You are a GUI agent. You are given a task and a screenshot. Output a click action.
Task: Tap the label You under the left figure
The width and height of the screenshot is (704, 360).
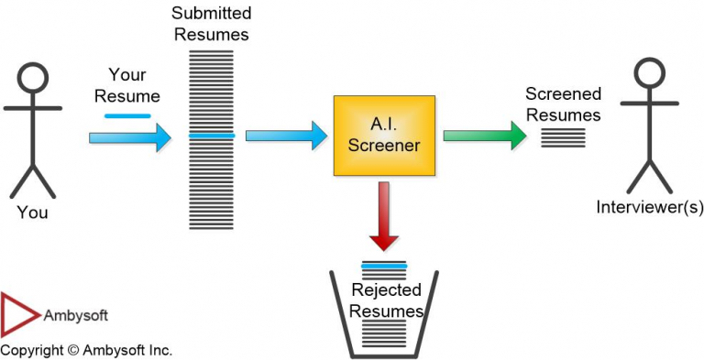click(x=32, y=213)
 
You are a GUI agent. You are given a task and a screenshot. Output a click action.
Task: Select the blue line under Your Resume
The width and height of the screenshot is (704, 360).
click(x=127, y=116)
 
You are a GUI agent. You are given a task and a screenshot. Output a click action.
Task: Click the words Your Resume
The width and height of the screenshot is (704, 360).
click(x=134, y=85)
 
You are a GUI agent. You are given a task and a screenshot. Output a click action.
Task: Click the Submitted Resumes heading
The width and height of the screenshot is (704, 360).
click(x=212, y=26)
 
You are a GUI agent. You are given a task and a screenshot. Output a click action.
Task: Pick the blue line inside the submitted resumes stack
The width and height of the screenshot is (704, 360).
click(x=212, y=136)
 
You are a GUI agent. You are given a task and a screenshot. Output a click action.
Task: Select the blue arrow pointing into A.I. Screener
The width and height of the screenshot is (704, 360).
click(x=286, y=136)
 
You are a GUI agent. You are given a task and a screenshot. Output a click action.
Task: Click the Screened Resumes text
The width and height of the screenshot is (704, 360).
click(x=563, y=104)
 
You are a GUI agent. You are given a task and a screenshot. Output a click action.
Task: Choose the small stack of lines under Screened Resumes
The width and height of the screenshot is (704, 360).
click(x=563, y=136)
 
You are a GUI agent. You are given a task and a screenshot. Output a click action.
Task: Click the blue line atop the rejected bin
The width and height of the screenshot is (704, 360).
click(x=384, y=267)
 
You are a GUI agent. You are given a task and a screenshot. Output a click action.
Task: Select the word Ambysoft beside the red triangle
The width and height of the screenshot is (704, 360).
click(x=76, y=315)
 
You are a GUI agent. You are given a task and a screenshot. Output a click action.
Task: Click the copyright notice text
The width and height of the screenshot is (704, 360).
click(x=86, y=350)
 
